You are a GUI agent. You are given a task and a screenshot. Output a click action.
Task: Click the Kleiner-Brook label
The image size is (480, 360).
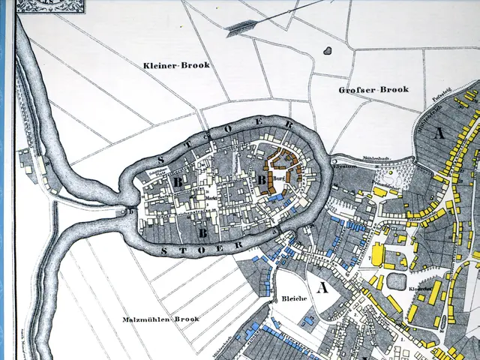(176, 66)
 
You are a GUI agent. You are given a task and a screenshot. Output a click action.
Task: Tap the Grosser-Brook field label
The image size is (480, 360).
(373, 90)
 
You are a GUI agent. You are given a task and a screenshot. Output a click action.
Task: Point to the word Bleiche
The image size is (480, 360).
(295, 298)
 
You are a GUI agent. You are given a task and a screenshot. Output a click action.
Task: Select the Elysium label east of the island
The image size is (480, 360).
(346, 169)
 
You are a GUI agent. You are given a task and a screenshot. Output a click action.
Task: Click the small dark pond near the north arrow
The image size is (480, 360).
(328, 51)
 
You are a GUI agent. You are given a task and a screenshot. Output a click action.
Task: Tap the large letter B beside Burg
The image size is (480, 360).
(262, 180)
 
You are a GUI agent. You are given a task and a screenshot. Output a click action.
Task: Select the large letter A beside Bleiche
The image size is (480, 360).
(323, 286)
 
